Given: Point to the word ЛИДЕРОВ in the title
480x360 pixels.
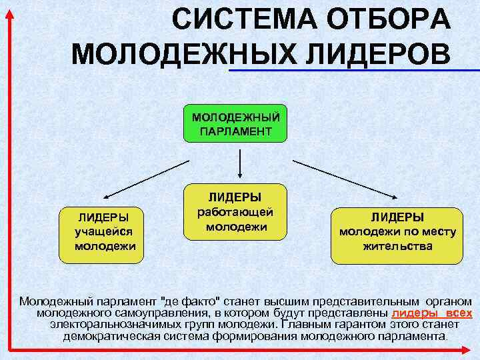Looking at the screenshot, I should (x=373, y=53).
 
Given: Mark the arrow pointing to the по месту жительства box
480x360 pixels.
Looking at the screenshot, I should (x=347, y=180).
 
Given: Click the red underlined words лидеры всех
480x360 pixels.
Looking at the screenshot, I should (x=431, y=313).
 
